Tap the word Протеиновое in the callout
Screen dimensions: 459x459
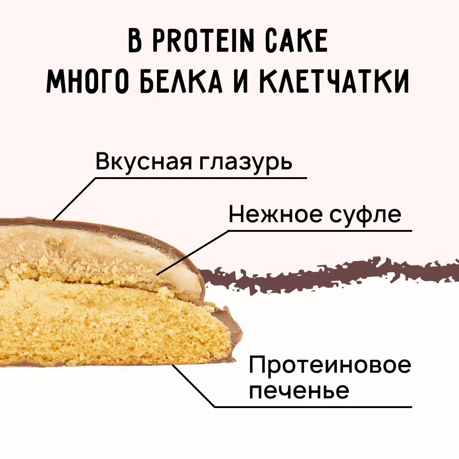330,366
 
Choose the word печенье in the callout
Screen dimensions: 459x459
299,391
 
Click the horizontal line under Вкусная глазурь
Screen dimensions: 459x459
202,178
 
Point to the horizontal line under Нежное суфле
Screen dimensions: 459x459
321,230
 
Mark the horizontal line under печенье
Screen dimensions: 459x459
312,406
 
